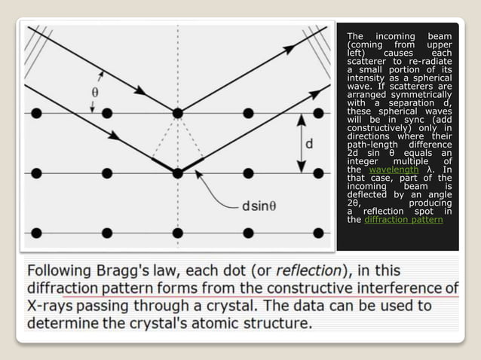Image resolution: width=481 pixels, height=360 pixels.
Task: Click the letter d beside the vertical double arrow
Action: (x=310, y=143)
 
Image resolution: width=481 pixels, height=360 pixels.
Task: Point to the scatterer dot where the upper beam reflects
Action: (x=177, y=113)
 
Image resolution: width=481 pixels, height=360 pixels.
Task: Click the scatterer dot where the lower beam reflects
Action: (x=177, y=172)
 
